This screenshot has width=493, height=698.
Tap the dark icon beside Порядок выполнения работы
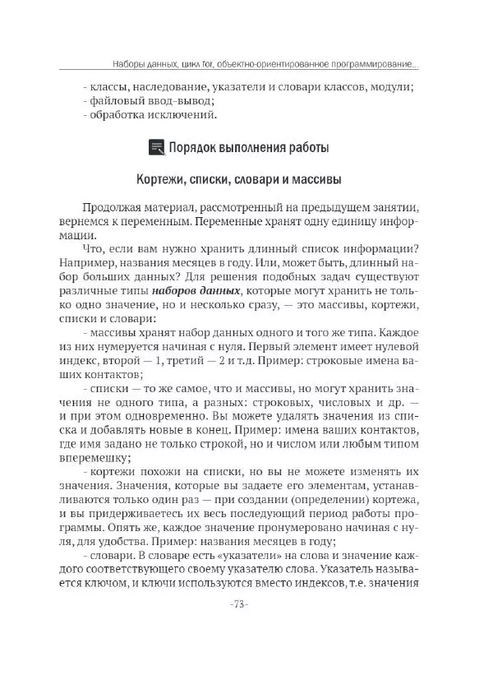(155, 148)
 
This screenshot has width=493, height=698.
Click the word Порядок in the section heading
(194, 148)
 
